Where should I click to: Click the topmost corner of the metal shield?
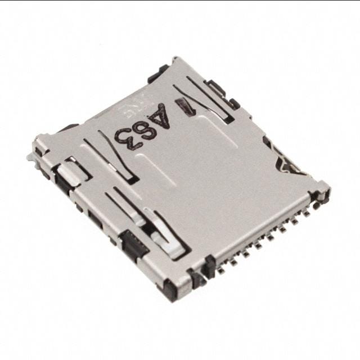175,58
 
